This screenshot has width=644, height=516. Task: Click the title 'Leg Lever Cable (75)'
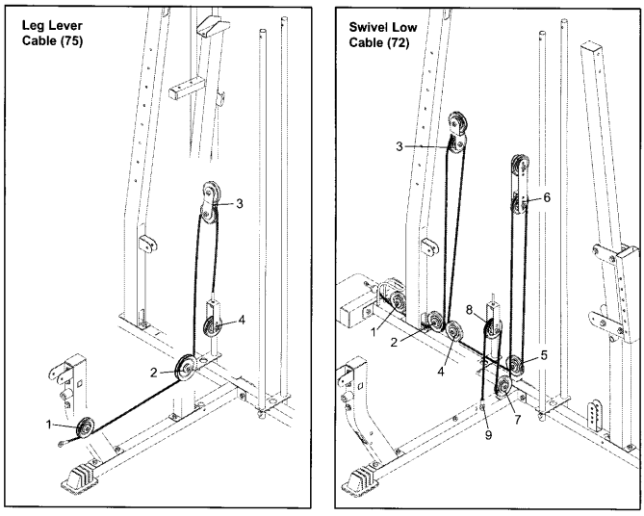[x=54, y=33]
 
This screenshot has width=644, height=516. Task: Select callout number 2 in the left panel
[x=154, y=371]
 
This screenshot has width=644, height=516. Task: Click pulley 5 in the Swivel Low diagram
[x=516, y=364]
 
